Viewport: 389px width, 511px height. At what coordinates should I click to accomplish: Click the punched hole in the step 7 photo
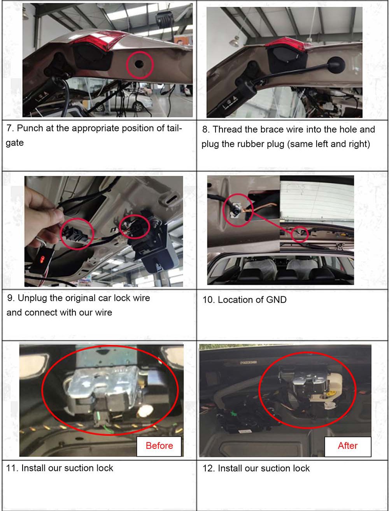point(139,64)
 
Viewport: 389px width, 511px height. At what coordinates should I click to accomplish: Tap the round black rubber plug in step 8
point(335,65)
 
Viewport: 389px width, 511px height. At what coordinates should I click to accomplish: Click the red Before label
point(159,445)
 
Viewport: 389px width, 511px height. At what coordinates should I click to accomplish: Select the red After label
point(347,445)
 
